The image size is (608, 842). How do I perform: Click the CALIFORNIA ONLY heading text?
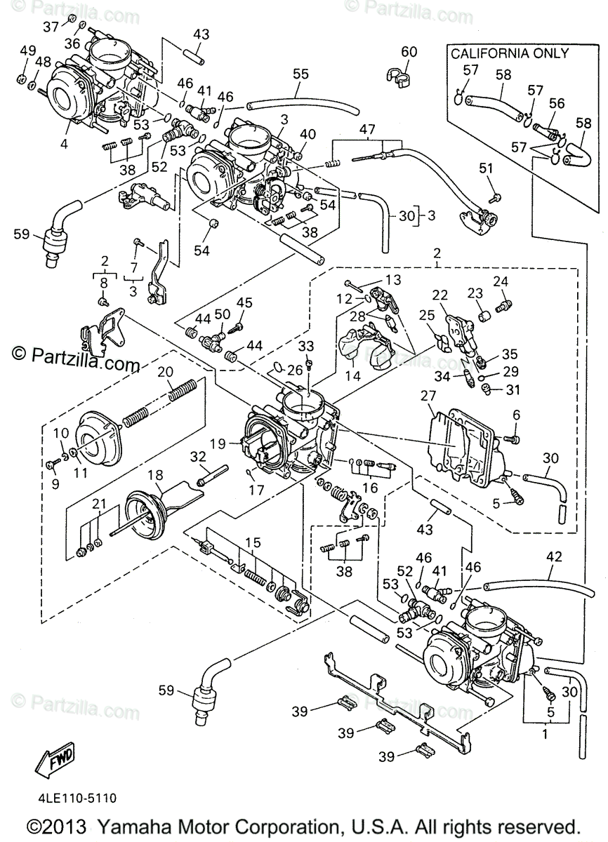(x=509, y=53)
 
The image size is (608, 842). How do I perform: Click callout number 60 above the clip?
(x=409, y=51)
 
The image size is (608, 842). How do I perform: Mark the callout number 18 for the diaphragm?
(x=154, y=474)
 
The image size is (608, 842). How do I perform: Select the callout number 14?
(x=352, y=375)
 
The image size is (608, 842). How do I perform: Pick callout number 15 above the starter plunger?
(x=253, y=543)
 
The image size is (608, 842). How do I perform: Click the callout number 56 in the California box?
(x=556, y=102)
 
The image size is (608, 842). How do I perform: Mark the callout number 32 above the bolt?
(x=199, y=457)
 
